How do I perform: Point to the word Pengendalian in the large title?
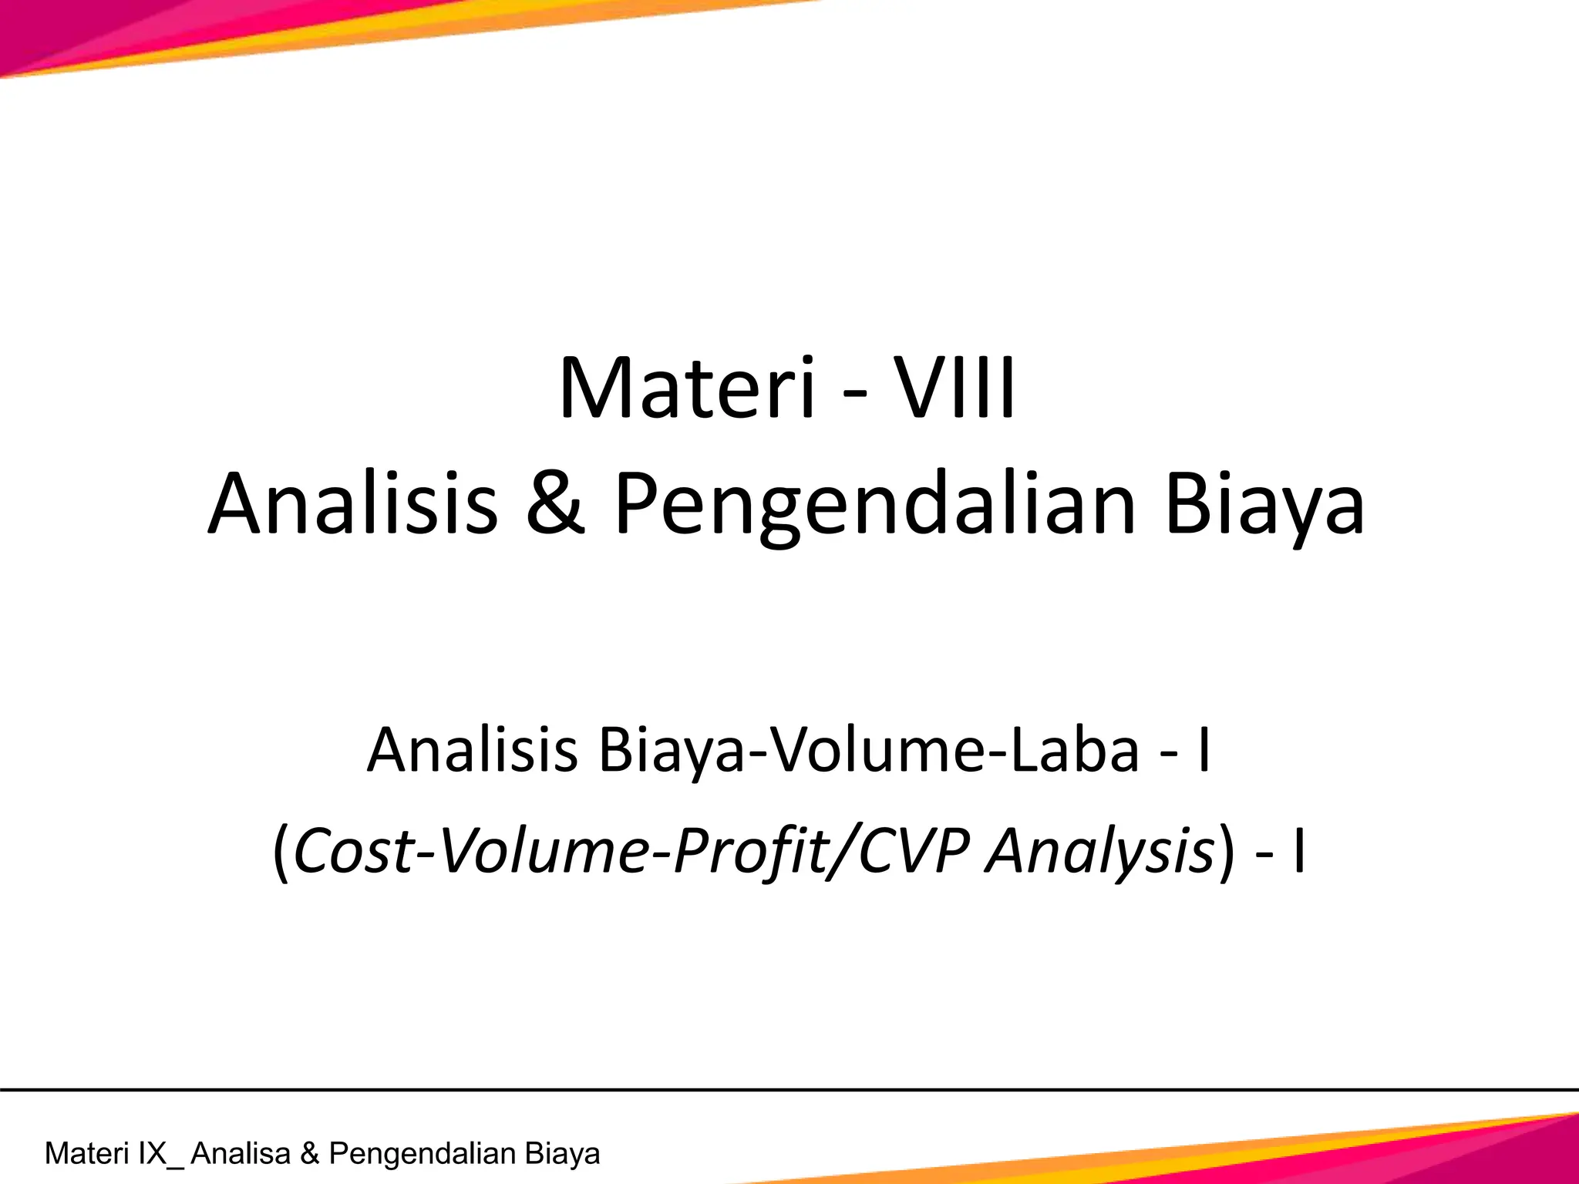coord(874,506)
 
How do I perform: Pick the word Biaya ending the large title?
coord(1264,506)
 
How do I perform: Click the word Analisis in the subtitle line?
coord(472,749)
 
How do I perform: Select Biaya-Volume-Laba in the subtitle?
coord(868,749)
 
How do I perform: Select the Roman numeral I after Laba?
coord(1204,749)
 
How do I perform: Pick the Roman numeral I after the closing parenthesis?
coord(1299,852)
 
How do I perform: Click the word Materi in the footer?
coord(86,1154)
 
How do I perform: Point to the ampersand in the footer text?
coord(309,1154)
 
